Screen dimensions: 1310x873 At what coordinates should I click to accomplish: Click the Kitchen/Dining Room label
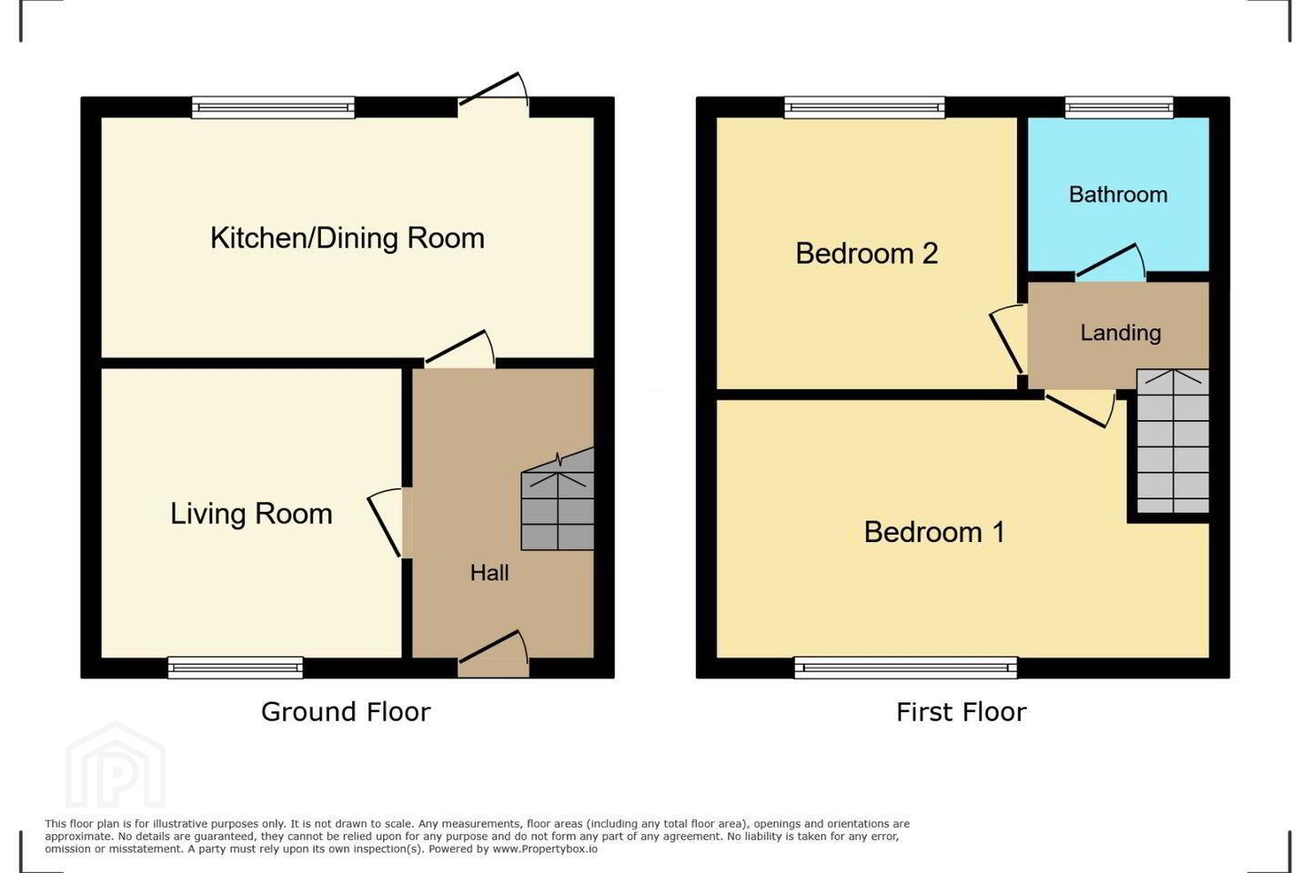[x=348, y=238]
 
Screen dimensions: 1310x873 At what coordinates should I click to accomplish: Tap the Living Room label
[x=251, y=514]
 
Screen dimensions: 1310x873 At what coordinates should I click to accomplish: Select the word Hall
[x=489, y=573]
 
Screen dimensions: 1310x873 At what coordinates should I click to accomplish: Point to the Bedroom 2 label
[x=867, y=253]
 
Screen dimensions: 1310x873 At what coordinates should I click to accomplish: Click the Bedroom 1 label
[x=934, y=532]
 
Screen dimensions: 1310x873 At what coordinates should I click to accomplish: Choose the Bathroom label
[x=1118, y=195]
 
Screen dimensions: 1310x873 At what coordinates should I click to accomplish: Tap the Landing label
[x=1121, y=333]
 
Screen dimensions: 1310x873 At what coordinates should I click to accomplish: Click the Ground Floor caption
[x=346, y=712]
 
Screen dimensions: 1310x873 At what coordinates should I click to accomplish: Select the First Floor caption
[x=962, y=712]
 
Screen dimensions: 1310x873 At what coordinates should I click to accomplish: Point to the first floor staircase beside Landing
[x=1173, y=441]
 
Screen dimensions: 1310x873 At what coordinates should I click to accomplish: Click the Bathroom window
[x=1119, y=107]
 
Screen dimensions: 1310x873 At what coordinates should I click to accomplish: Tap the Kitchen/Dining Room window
[x=273, y=107]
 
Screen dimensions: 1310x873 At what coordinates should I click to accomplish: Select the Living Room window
[x=235, y=667]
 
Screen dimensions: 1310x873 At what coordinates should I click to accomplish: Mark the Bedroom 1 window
[x=905, y=667]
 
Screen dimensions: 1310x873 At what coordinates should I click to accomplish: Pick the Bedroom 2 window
[x=864, y=107]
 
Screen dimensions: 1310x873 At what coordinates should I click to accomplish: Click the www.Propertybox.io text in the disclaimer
[x=545, y=849]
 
